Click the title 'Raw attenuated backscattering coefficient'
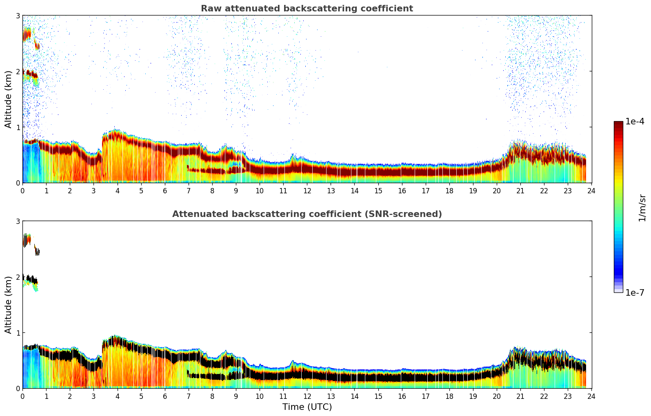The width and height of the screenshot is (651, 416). tap(307, 9)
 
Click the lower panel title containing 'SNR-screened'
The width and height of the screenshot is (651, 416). tap(307, 214)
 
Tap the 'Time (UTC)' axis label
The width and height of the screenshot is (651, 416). tap(307, 407)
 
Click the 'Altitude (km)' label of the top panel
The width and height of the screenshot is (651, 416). tap(9, 99)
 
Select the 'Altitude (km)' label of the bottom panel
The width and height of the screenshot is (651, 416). tap(9, 305)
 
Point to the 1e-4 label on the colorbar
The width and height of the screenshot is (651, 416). tap(635, 122)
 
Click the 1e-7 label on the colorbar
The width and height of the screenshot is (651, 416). tap(635, 292)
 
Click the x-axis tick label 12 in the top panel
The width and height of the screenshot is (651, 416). tap(307, 191)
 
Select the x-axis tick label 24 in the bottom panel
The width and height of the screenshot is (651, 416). tap(591, 396)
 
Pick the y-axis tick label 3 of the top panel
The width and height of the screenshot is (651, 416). tap(18, 15)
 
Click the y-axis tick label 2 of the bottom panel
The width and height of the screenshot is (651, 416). tap(18, 277)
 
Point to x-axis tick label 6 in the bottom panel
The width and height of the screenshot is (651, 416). tap(165, 396)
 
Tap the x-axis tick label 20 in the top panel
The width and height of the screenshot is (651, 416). tap(497, 191)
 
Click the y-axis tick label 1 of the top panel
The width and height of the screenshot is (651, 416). tap(18, 127)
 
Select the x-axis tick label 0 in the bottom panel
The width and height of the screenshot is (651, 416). tap(22, 396)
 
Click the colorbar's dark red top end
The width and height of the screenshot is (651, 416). tap(618, 124)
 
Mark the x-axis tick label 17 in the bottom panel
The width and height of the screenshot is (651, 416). tap(426, 396)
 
